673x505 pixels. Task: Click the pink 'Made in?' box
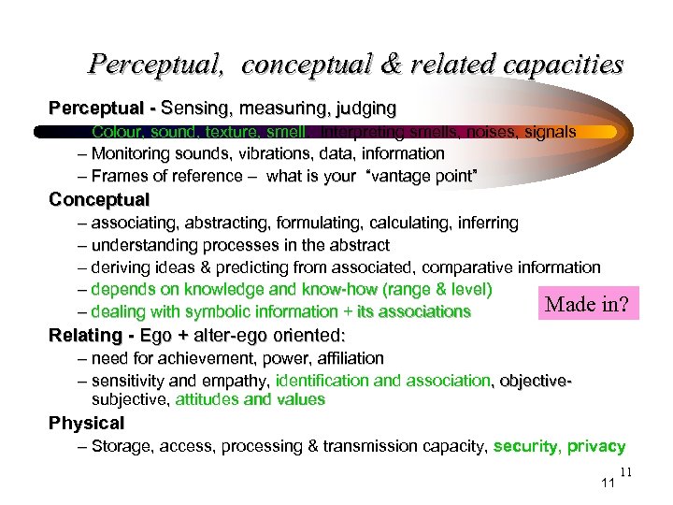click(586, 304)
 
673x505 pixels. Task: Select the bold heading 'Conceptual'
click(99, 200)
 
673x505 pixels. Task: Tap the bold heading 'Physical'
click(86, 424)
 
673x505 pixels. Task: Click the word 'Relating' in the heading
click(85, 335)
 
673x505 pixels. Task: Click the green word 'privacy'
click(596, 447)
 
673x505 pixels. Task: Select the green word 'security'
click(526, 447)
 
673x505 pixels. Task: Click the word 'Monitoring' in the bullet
click(131, 153)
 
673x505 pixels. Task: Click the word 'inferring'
click(485, 224)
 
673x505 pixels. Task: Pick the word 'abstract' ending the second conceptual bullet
click(358, 246)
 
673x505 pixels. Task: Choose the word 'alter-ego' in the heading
click(224, 335)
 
